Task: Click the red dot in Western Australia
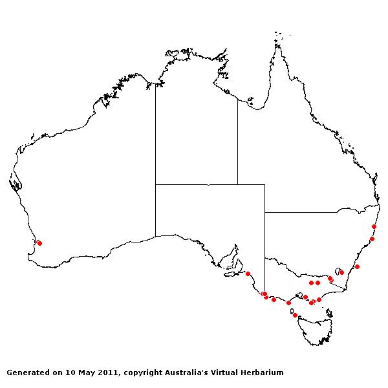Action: click(39, 243)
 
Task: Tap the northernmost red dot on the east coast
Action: click(374, 226)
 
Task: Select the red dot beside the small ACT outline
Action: click(341, 272)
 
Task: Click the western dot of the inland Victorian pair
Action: click(311, 283)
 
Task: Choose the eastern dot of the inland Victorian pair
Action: click(318, 283)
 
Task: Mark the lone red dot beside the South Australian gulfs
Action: click(248, 274)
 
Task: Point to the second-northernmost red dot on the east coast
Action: click(372, 239)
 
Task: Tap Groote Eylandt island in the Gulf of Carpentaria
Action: click(250, 102)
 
